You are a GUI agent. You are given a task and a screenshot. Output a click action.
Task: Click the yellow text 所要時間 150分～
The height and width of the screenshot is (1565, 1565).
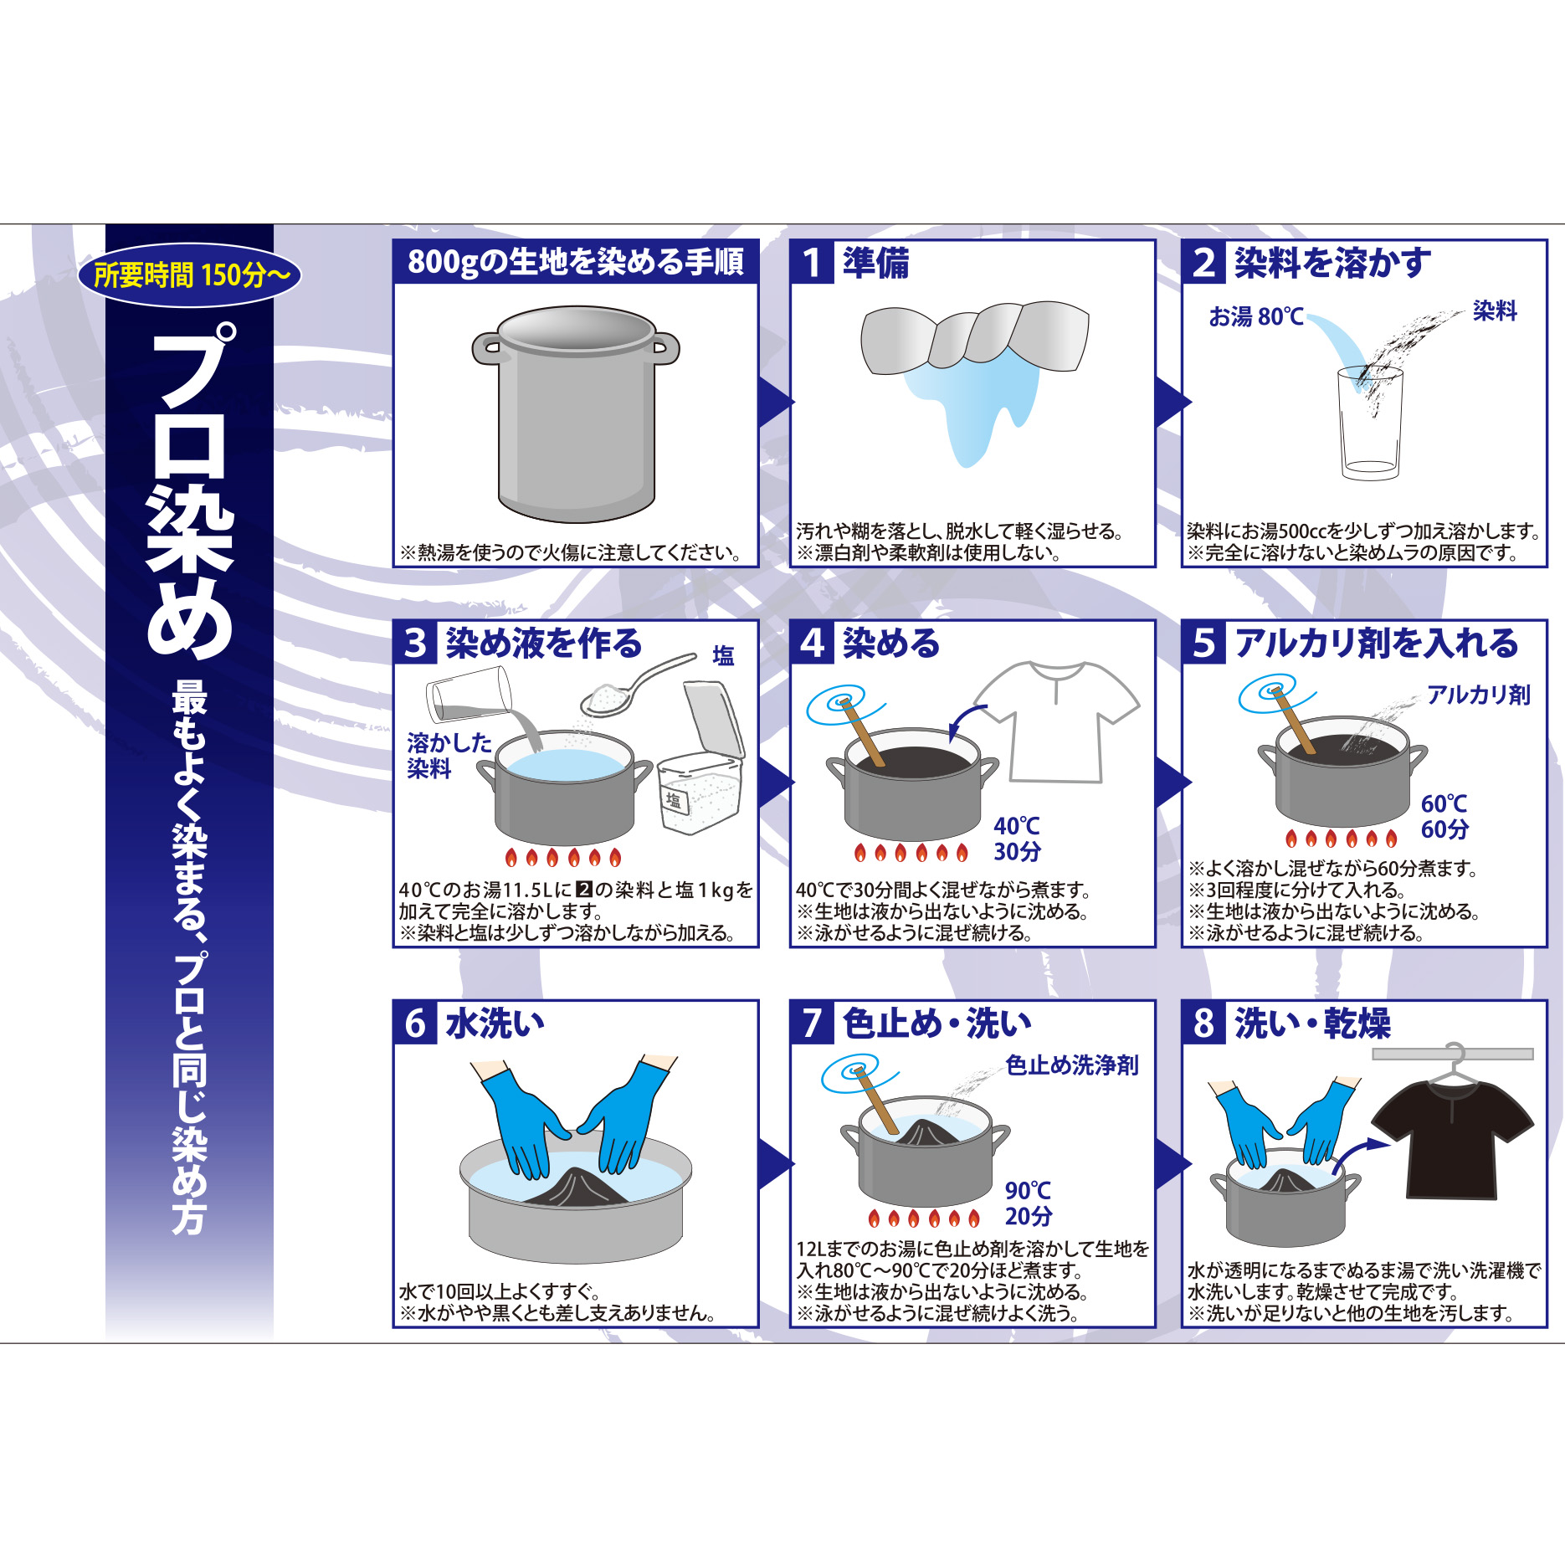pyautogui.click(x=192, y=275)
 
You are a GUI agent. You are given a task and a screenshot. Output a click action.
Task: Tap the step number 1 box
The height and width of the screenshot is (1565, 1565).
pyautogui.click(x=812, y=263)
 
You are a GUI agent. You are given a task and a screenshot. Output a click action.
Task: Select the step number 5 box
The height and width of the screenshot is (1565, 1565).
pyautogui.click(x=1203, y=643)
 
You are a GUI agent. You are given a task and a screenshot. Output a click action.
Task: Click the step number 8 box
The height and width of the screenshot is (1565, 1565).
pyautogui.click(x=1203, y=1023)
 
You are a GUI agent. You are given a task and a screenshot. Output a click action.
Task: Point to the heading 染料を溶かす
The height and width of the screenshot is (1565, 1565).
pyautogui.click(x=1332, y=263)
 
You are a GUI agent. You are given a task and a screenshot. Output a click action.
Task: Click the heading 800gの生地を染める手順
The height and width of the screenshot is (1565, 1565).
pyautogui.click(x=576, y=262)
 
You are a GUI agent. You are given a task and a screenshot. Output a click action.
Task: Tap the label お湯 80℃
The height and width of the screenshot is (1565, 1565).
pyautogui.click(x=1256, y=316)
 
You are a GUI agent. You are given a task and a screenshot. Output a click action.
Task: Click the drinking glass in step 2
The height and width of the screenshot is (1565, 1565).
pyautogui.click(x=1370, y=423)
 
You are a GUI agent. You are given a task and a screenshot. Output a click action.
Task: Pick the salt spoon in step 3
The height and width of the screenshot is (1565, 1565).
pyautogui.click(x=638, y=685)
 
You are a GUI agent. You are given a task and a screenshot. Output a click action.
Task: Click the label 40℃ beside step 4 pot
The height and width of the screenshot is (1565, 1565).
pyautogui.click(x=1017, y=826)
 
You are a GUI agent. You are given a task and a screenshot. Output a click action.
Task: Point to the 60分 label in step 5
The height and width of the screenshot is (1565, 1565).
pyautogui.click(x=1444, y=829)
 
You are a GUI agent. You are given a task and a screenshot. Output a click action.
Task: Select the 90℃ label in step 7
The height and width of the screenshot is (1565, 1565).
pyautogui.click(x=1029, y=1190)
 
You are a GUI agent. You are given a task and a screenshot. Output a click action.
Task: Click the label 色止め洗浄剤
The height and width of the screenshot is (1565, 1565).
pyautogui.click(x=1072, y=1065)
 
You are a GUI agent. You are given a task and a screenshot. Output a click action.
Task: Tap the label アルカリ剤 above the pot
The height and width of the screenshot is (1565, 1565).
pyautogui.click(x=1479, y=695)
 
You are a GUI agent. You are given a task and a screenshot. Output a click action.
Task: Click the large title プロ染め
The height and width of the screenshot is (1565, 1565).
pyautogui.click(x=190, y=490)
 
